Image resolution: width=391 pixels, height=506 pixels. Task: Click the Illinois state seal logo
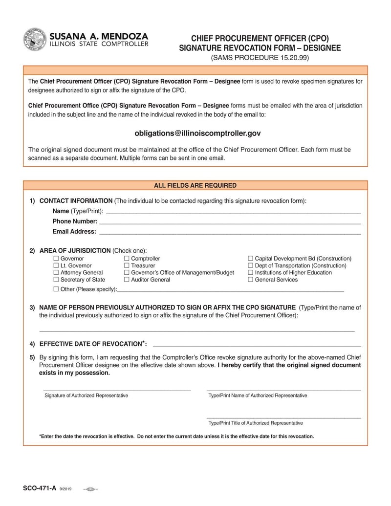[35, 40]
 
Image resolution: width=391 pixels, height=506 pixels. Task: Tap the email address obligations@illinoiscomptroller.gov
[197, 133]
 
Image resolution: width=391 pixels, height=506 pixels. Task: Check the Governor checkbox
[56, 259]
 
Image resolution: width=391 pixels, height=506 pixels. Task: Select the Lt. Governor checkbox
[56, 265]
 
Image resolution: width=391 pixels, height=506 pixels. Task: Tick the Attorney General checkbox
[56, 273]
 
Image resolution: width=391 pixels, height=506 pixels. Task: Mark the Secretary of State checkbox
[56, 280]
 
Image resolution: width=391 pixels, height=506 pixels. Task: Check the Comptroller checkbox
[127, 259]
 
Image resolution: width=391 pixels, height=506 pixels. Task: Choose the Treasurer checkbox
[127, 265]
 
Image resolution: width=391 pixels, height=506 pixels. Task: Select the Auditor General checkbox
[127, 280]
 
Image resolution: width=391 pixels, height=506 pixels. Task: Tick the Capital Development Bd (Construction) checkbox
[250, 259]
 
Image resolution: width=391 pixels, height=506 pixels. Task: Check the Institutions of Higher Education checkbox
[250, 273]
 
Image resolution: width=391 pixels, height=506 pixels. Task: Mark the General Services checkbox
[250, 280]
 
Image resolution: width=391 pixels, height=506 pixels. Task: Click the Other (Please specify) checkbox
[56, 289]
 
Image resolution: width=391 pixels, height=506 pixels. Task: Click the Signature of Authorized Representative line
[117, 389]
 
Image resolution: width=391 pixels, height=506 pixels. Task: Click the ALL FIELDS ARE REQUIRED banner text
[195, 186]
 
